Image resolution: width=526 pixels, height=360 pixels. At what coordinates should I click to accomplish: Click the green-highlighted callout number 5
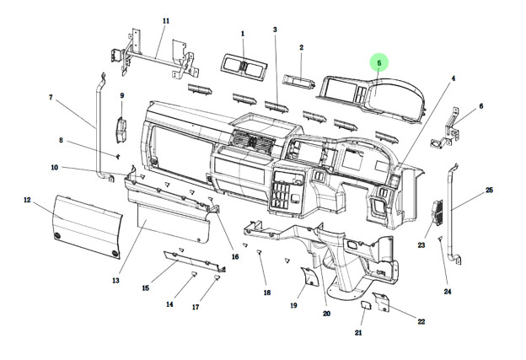point(379,63)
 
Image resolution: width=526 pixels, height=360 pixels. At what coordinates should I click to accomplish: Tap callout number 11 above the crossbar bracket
point(166,21)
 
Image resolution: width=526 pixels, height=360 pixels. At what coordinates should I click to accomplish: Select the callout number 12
point(27,200)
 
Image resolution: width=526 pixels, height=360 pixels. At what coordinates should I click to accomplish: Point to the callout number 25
point(490,190)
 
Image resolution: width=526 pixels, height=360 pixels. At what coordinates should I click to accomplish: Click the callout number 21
point(358,332)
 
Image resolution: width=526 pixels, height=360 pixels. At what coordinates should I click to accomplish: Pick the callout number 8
point(61,140)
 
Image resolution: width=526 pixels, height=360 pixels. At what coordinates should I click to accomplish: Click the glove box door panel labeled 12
point(87,227)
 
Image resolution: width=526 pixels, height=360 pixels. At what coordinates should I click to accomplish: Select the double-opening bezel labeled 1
point(244,67)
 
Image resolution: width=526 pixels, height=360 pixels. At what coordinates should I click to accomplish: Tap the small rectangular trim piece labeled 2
point(299,81)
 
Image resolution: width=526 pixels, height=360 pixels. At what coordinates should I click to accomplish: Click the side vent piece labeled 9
point(121,130)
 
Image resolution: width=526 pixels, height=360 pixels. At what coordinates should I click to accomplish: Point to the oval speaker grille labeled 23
point(437,212)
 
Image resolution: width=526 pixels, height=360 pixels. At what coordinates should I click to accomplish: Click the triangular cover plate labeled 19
point(309,276)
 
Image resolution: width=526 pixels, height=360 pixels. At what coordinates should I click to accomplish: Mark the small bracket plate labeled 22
point(381,301)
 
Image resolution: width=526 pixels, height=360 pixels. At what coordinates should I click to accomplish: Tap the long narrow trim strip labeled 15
point(195,261)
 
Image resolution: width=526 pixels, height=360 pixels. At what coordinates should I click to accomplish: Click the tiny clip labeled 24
point(440,239)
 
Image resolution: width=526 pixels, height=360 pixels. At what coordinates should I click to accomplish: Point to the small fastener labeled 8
point(118,156)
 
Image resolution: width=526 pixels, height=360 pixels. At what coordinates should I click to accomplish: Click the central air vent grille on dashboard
point(252,140)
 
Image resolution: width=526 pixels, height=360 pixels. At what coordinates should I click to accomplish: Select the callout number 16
point(235,256)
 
